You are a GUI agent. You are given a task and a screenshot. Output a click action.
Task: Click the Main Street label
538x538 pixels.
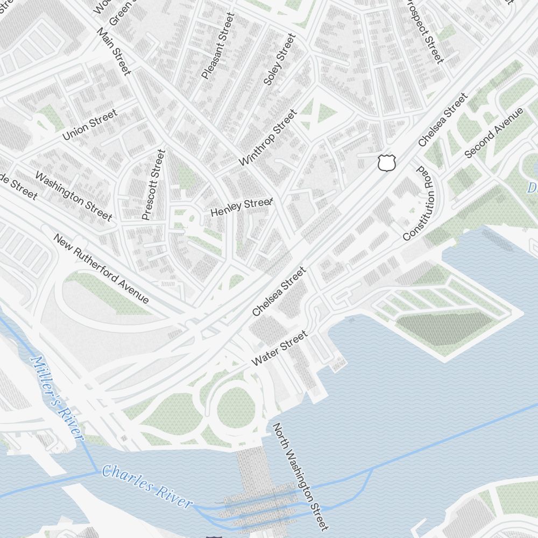[114, 51]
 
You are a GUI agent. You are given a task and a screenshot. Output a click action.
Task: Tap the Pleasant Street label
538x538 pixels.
[217, 46]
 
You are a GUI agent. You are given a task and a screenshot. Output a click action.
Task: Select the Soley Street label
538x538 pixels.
[280, 59]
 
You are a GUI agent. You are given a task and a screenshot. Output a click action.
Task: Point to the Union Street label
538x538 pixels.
[89, 125]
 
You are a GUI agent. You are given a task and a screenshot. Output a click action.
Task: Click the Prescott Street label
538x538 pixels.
[152, 185]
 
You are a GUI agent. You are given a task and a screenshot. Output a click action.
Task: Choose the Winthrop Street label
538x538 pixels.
[267, 138]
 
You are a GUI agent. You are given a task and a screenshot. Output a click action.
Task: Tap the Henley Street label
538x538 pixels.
[242, 207]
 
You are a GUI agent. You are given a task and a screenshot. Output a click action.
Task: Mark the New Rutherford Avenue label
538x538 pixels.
[101, 268]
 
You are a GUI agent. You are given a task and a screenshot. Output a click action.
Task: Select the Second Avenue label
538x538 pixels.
[493, 133]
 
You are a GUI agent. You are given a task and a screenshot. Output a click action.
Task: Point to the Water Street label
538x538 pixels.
[279, 349]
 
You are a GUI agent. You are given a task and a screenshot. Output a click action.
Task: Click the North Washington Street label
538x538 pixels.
[300, 476]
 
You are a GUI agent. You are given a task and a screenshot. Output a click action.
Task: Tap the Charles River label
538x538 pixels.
[147, 486]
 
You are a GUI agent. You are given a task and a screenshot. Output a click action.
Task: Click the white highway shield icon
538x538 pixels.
[387, 162]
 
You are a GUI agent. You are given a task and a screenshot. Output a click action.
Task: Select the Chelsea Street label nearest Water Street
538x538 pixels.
[279, 291]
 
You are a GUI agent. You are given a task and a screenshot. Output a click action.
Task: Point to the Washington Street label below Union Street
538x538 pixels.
[73, 196]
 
